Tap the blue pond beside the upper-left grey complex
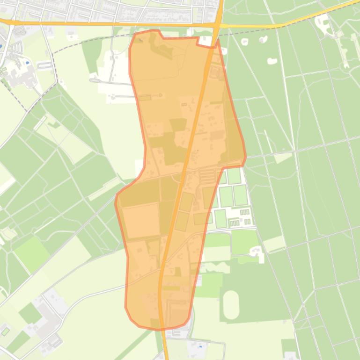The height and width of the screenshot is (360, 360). [27, 62]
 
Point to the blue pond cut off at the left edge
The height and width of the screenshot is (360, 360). [1, 46]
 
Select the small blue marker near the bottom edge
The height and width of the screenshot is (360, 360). [200, 347]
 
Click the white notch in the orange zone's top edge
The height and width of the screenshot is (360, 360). [205, 42]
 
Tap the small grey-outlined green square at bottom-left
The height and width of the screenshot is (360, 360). [5, 331]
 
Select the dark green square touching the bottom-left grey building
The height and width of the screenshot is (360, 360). [30, 313]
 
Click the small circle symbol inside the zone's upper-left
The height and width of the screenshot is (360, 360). [161, 95]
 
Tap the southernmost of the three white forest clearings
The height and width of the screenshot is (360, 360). [272, 61]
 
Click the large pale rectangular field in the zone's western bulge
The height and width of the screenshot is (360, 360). [141, 220]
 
